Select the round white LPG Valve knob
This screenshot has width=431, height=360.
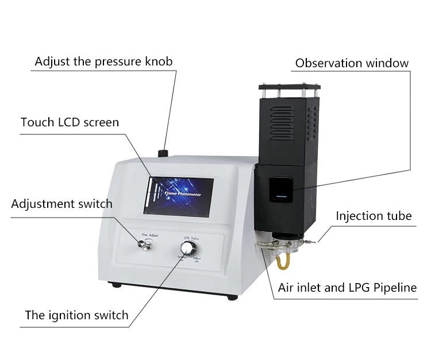point(187,249)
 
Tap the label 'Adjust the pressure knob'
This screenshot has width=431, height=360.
point(103,61)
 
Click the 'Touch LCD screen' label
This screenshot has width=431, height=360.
point(70,122)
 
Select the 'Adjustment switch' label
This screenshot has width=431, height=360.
point(61,204)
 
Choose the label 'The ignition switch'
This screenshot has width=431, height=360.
point(76,315)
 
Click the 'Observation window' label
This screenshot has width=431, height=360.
point(352,63)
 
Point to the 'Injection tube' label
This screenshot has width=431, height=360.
point(374,216)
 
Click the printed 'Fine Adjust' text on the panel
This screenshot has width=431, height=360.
point(150,234)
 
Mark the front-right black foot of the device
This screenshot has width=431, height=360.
point(232,296)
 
